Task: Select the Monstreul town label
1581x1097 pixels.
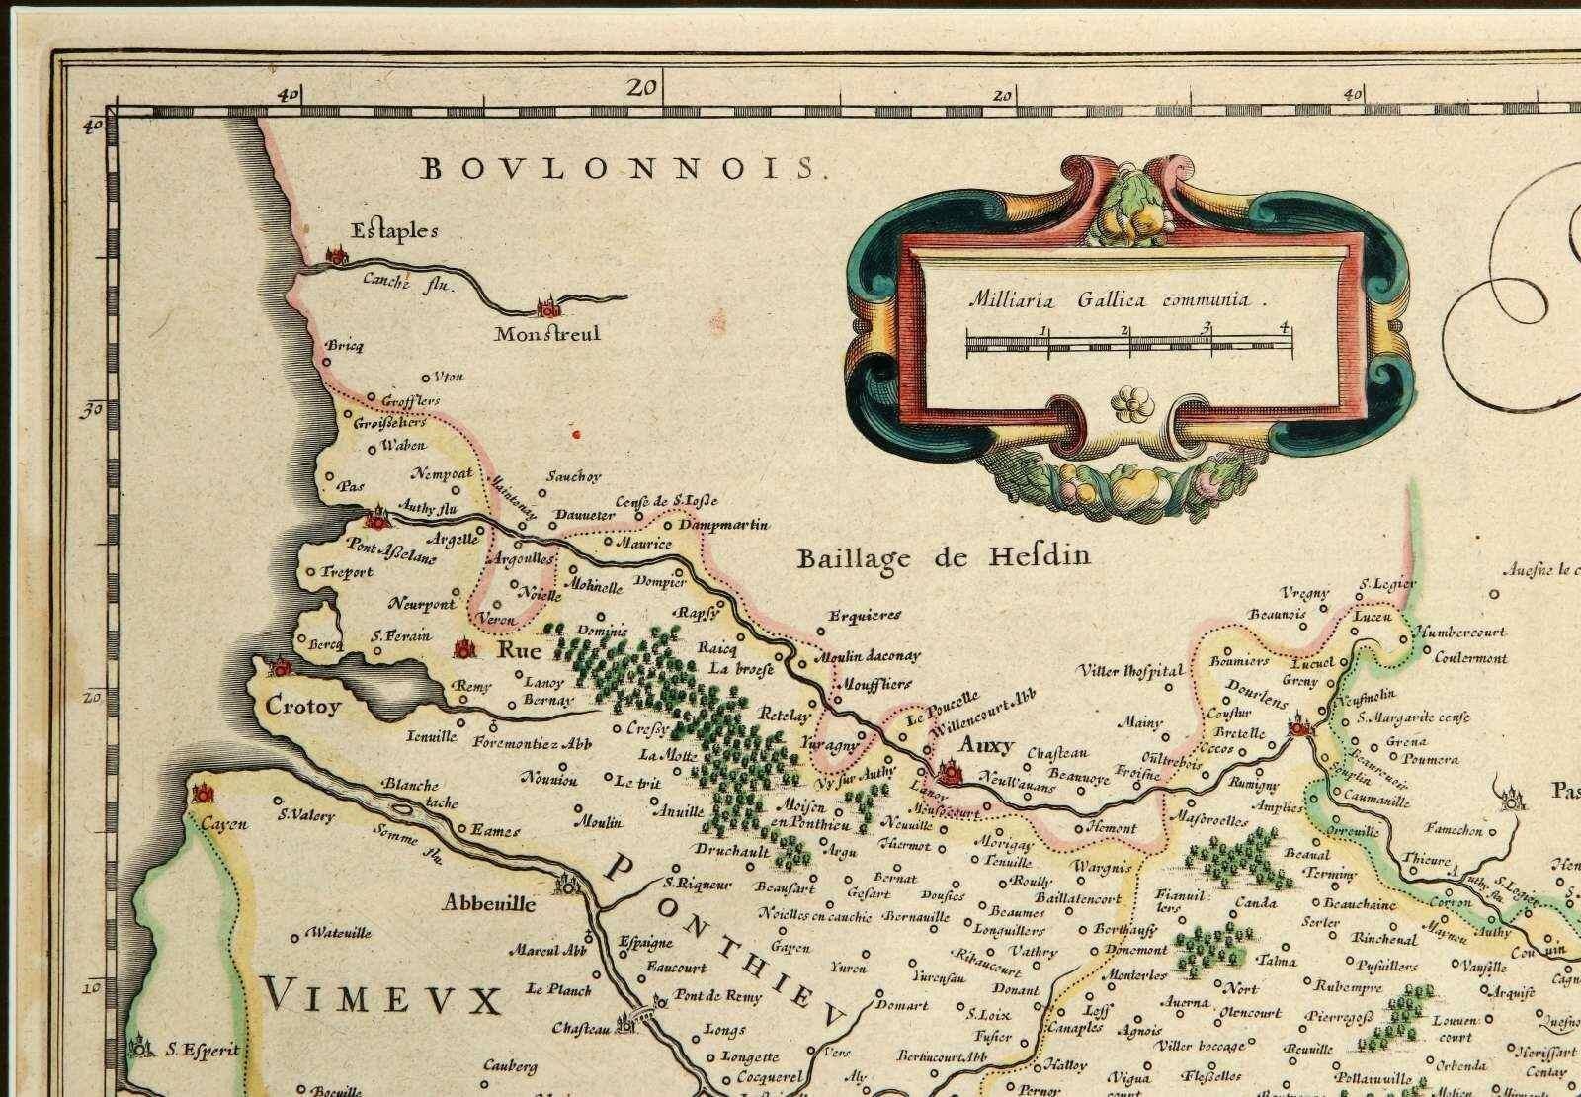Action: point(547,334)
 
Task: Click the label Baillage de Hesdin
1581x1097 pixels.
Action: point(943,557)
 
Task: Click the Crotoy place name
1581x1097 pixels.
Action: point(302,707)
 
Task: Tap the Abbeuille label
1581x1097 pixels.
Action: point(480,902)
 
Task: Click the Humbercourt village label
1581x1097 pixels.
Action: point(1459,632)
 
